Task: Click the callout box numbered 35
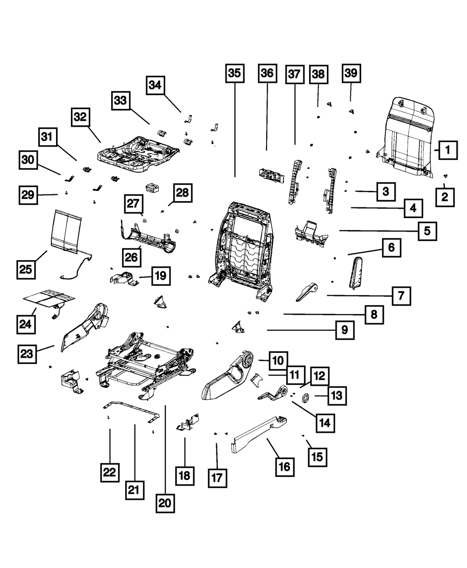(x=234, y=73)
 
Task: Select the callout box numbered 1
(x=447, y=150)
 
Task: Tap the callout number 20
(x=165, y=503)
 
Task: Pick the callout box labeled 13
(x=337, y=396)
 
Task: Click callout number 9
(x=344, y=330)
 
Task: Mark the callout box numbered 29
(x=28, y=194)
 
